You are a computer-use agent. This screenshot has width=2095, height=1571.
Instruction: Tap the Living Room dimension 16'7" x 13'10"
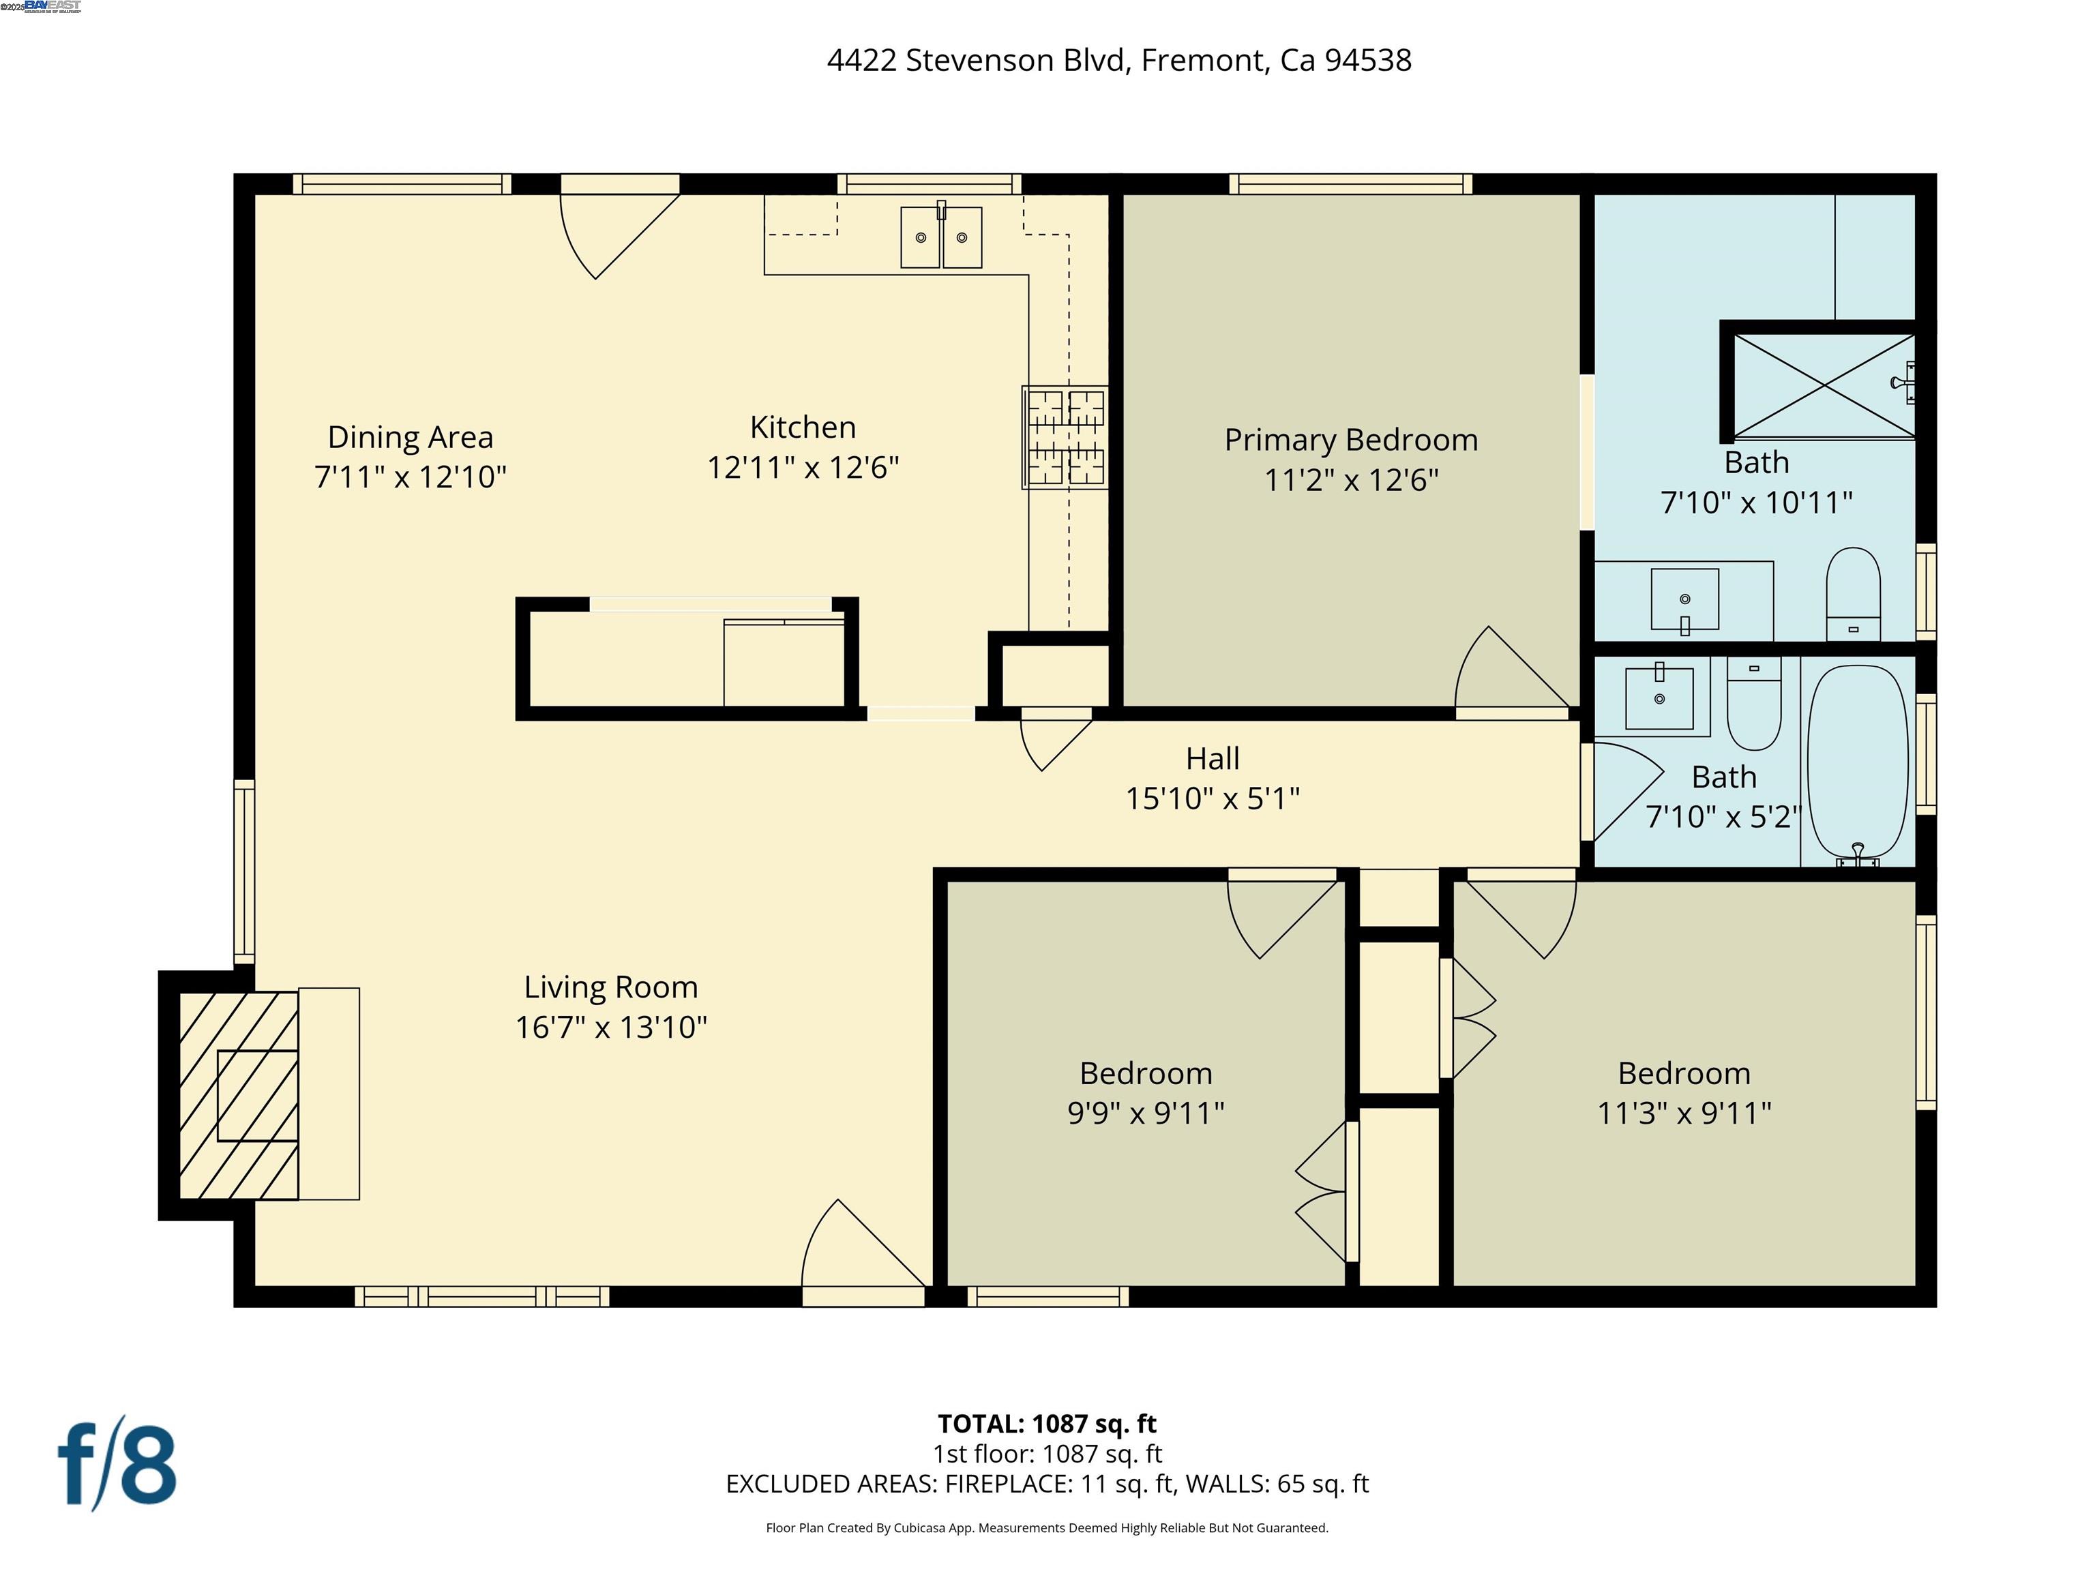click(x=611, y=1028)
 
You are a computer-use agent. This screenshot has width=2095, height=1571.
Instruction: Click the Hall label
click(x=1213, y=758)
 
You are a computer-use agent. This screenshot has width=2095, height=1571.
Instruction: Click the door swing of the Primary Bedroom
click(x=1506, y=672)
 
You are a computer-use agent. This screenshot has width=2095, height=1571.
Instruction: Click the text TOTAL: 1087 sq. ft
click(x=1047, y=1423)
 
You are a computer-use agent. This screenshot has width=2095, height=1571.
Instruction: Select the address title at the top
click(x=1118, y=61)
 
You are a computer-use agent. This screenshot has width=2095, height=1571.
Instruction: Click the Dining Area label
click(x=410, y=438)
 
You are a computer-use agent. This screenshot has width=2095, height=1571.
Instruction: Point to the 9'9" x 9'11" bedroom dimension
click(x=1145, y=1113)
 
